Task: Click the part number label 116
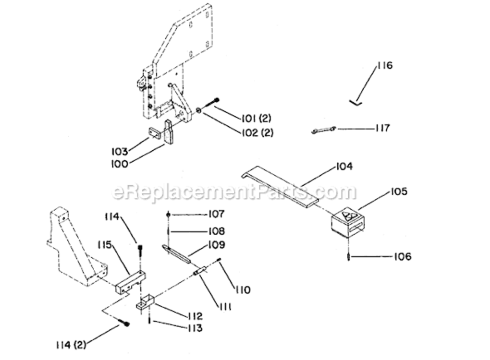coord(384,66)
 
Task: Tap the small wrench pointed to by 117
coord(323,130)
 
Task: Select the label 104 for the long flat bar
coord(344,167)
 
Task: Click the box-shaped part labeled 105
coord(347,223)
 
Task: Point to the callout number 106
coord(403,257)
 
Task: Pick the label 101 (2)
coord(257,119)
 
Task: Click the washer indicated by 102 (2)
coord(198,110)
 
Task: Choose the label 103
coord(120,152)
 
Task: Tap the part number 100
coord(120,164)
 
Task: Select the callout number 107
coord(217,214)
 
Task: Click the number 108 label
coord(217,231)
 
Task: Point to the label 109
coord(217,245)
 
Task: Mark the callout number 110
coord(243,290)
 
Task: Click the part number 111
coord(225,307)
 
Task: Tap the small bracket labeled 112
coord(145,302)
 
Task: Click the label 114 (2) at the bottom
coord(71,345)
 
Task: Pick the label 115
coord(104,245)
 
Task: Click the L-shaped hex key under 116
coord(355,102)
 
